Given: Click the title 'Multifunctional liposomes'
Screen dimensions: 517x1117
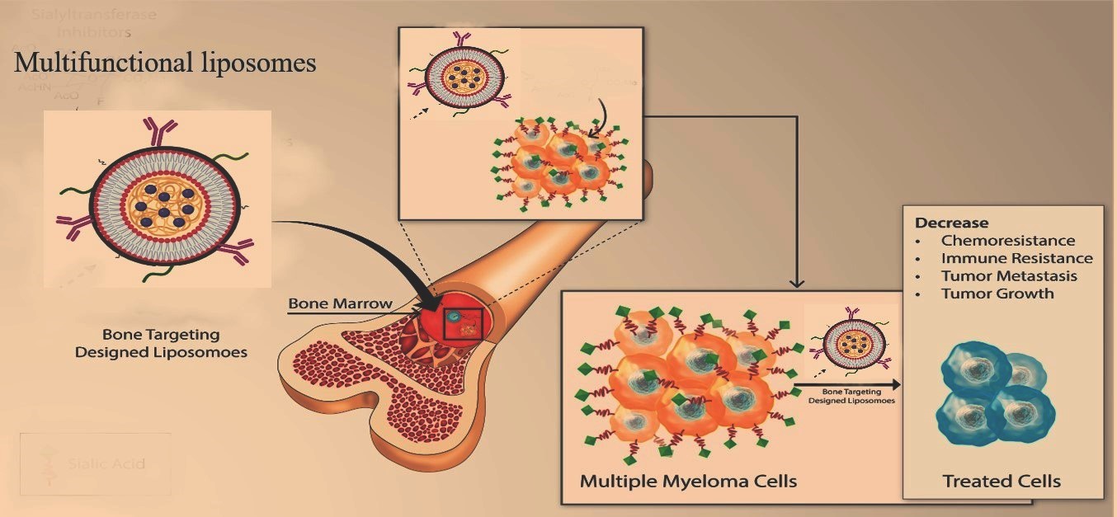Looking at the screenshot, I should [x=165, y=63].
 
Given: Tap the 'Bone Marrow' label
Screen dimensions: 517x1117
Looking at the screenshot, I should [x=340, y=303].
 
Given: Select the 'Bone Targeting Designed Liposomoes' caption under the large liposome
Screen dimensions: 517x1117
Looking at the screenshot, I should [x=161, y=343].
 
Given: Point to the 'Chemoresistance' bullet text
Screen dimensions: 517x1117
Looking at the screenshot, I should [x=1008, y=241].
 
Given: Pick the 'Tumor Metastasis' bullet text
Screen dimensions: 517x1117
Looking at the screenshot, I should [x=1009, y=276].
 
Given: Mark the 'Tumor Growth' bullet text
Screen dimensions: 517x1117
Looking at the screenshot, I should [x=997, y=294].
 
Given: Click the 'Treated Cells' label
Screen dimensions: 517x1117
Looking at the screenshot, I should [x=1002, y=482].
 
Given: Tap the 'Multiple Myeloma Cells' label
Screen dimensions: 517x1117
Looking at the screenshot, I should [x=688, y=480].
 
